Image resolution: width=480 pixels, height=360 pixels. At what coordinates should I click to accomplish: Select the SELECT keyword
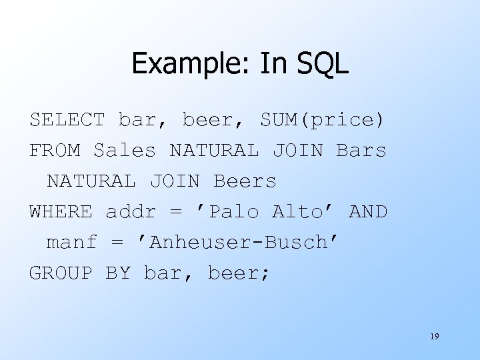click(x=67, y=120)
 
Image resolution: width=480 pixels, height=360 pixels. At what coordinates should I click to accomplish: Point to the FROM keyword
click(x=55, y=151)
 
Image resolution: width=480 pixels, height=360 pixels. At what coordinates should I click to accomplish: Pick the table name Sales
click(x=125, y=151)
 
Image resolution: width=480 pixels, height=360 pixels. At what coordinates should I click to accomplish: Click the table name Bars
click(x=361, y=151)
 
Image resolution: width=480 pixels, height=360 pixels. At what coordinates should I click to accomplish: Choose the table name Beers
click(x=245, y=181)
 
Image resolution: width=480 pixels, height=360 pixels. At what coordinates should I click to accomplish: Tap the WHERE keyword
click(x=61, y=212)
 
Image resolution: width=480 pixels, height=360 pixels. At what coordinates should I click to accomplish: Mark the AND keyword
click(x=368, y=212)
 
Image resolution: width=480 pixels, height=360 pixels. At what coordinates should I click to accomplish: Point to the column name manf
click(x=71, y=243)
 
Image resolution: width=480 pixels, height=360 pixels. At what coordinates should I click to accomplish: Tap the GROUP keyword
click(x=61, y=273)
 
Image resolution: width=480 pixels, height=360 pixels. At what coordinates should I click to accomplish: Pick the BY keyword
click(x=118, y=273)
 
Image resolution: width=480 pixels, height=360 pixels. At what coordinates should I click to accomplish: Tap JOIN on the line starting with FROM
click(x=297, y=151)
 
